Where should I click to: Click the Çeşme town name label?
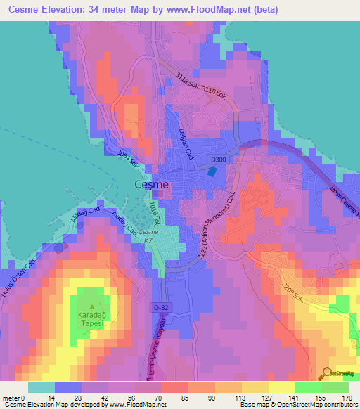[150, 184]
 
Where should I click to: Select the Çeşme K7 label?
[148, 236]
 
